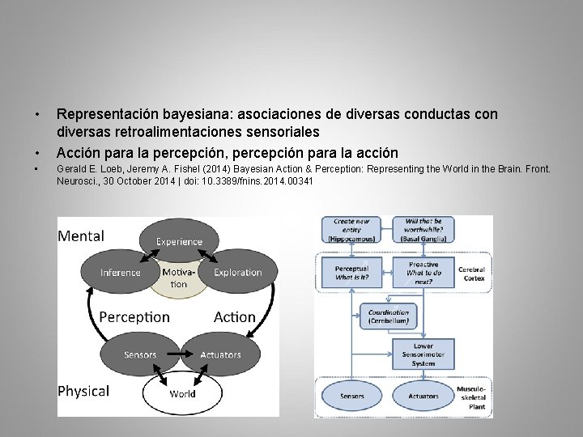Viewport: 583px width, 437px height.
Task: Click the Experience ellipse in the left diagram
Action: [x=179, y=240]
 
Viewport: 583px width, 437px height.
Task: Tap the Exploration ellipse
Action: [x=237, y=273]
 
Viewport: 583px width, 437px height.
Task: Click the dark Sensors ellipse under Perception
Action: [x=140, y=354]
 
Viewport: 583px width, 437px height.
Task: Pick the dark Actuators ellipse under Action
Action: [x=220, y=354]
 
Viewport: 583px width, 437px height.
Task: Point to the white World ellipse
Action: [x=182, y=394]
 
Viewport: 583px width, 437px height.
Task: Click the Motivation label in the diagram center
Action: [x=179, y=278]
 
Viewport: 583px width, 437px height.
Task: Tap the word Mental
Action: [x=81, y=235]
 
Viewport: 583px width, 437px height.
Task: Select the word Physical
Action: [x=83, y=391]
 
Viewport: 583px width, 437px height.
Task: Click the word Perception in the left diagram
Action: [x=134, y=317]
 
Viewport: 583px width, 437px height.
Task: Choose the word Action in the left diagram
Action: [x=234, y=317]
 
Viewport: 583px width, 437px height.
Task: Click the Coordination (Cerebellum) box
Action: [x=389, y=316]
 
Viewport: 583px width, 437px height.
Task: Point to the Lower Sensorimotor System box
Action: [x=423, y=354]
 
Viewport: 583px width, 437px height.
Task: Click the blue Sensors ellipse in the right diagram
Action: [x=351, y=396]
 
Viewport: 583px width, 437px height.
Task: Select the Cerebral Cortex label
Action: [x=471, y=274]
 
